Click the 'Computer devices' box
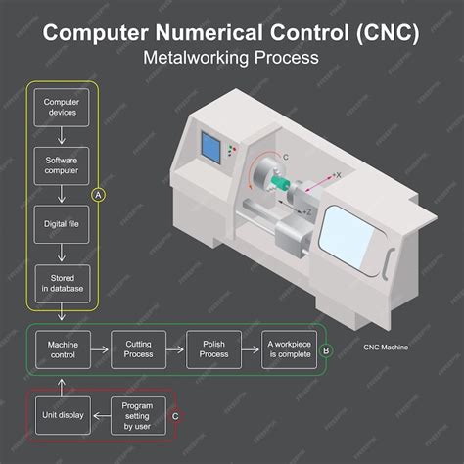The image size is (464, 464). (x=63, y=106)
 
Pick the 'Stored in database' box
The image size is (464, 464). (x=63, y=282)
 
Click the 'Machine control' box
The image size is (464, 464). (x=63, y=348)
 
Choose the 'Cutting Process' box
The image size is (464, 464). (x=137, y=348)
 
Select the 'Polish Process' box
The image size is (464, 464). (x=213, y=348)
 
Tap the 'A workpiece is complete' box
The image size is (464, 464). (x=290, y=348)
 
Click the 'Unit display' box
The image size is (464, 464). (x=63, y=415)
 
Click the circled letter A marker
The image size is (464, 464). (x=96, y=195)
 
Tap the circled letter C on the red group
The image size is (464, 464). (x=175, y=415)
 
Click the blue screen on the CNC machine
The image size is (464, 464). (x=209, y=147)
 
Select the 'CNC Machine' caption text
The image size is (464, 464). (x=386, y=348)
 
